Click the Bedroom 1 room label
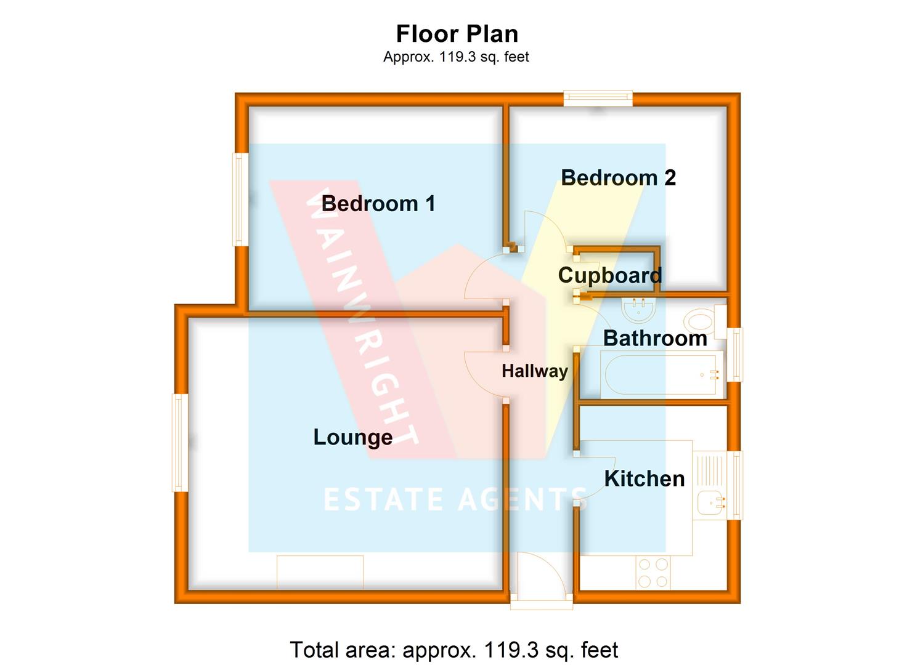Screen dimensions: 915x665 coord(378,203)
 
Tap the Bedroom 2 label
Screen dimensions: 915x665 coord(618,177)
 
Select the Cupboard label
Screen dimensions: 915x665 coord(610,276)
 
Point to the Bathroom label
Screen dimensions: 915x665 coord(655,338)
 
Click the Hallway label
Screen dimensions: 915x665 coord(535,371)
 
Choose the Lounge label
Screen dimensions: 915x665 coord(353,437)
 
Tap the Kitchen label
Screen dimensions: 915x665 coord(644,478)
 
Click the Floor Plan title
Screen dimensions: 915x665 coord(457,33)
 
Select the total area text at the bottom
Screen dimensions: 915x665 coord(454,650)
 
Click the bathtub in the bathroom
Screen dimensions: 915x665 coord(661,374)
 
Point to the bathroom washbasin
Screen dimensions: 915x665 coord(639,311)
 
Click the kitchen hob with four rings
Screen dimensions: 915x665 coord(653,573)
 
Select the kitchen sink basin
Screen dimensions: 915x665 coord(711,502)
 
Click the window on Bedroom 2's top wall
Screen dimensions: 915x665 coord(598,98)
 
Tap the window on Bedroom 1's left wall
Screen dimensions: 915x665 coord(240,199)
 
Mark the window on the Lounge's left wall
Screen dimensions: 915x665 coord(180,443)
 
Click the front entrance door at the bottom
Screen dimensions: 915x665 coord(541,580)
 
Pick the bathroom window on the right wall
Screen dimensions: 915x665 coord(735,354)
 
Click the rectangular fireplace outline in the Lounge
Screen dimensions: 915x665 coord(320,573)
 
